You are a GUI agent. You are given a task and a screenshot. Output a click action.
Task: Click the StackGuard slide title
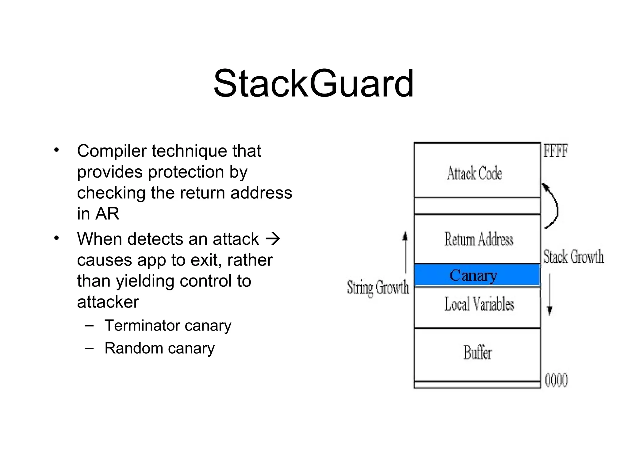[313, 83]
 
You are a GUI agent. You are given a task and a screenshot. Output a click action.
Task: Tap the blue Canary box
[477, 275]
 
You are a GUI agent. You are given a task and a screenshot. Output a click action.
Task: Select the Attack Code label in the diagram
[474, 174]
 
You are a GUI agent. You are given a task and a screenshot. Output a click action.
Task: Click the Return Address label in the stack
[478, 239]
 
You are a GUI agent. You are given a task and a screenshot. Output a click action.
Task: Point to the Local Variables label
[479, 304]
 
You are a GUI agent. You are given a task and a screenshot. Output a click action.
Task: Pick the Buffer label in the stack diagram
[477, 352]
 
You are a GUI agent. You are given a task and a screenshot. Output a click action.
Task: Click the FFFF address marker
[555, 151]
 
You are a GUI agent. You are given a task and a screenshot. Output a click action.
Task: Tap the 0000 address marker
[556, 380]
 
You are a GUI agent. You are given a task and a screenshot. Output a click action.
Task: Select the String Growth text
[377, 288]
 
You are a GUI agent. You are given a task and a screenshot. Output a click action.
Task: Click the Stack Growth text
[573, 256]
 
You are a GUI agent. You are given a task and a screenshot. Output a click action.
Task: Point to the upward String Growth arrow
[405, 251]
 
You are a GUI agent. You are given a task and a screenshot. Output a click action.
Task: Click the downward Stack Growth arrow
[549, 294]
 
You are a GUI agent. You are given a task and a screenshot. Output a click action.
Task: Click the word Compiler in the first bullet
[112, 151]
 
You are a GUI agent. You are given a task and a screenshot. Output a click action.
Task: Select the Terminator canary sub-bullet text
[168, 325]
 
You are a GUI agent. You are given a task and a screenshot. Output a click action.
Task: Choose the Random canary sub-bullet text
[159, 348]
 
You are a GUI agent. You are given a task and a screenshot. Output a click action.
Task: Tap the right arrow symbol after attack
[273, 239]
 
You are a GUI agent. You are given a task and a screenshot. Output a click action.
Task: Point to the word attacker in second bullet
[108, 302]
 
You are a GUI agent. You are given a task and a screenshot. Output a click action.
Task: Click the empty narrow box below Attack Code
[477, 206]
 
